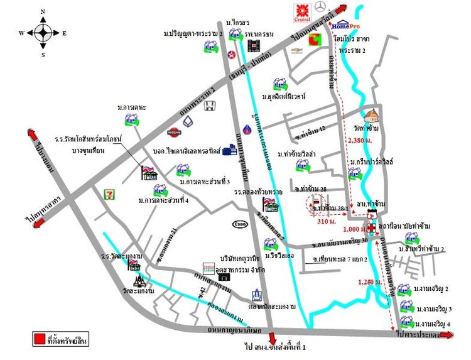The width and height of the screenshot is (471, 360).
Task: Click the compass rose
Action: (x=43, y=32)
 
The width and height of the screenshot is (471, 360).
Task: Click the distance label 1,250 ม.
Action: (x=369, y=281)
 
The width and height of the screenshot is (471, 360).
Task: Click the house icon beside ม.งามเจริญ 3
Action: (x=406, y=308)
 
